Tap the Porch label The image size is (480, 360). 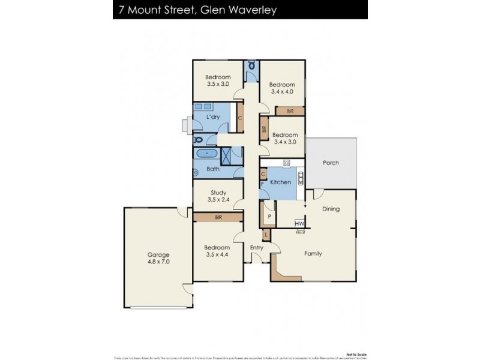pyautogui.click(x=331, y=163)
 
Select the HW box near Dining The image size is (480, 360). pyautogui.click(x=299, y=224)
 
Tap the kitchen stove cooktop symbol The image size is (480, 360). pyautogui.click(x=286, y=163)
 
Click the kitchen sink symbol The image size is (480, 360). pyautogui.click(x=301, y=178)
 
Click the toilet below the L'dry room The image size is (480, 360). pyautogui.click(x=199, y=140)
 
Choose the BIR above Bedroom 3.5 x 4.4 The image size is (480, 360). pyautogui.click(x=218, y=218)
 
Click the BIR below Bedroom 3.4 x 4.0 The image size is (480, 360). pyautogui.click(x=290, y=111)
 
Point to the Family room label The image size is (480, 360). pyautogui.click(x=313, y=254)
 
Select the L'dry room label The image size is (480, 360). pyautogui.click(x=212, y=116)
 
